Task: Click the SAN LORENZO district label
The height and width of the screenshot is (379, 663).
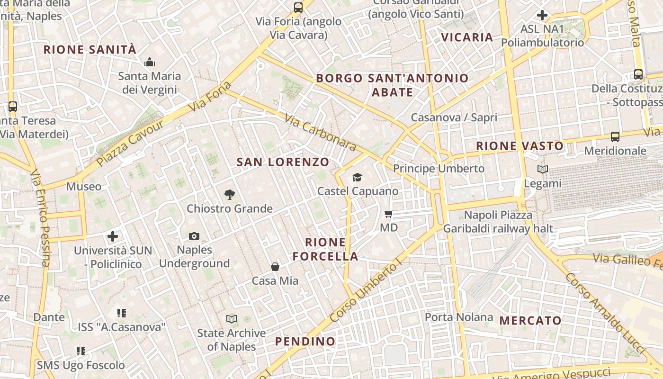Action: click(283, 162)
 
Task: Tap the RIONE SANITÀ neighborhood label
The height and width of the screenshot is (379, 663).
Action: click(90, 50)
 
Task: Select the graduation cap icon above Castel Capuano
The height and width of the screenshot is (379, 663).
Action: click(357, 177)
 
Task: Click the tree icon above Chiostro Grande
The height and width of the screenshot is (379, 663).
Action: click(230, 194)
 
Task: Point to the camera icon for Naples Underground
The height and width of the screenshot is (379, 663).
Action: click(194, 236)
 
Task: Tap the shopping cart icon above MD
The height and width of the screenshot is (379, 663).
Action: click(389, 214)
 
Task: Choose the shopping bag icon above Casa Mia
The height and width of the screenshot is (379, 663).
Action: click(275, 267)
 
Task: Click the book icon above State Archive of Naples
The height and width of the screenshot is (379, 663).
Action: click(232, 319)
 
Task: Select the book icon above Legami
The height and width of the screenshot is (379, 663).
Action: click(543, 169)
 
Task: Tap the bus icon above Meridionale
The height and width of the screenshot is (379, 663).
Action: click(615, 137)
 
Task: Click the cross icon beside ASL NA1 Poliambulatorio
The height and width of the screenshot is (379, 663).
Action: click(542, 15)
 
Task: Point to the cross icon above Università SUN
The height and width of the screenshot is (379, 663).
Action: click(113, 236)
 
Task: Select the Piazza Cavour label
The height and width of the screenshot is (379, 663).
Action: click(130, 143)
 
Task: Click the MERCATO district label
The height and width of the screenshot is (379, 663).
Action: click(530, 321)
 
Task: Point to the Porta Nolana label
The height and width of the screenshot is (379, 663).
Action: click(459, 317)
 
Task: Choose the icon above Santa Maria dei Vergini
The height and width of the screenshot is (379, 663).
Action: click(150, 62)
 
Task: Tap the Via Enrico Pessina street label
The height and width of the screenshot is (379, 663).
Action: click(40, 218)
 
